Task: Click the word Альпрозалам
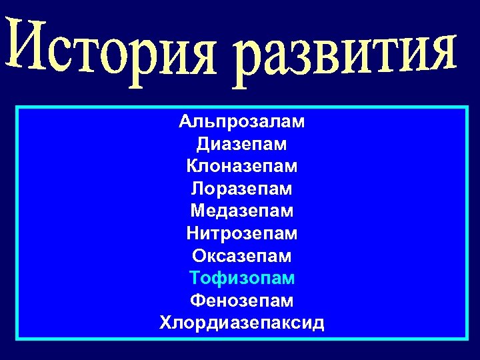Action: (241, 121)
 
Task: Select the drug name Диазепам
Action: (241, 143)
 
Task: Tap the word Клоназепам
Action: (241, 165)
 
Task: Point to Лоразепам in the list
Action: (241, 189)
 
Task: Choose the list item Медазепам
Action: (241, 211)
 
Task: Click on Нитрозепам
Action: (241, 233)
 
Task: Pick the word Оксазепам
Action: (241, 255)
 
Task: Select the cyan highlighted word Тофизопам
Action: (241, 278)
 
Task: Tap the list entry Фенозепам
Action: (241, 300)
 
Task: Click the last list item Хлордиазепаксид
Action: (241, 323)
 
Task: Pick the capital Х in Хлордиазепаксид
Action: (165, 323)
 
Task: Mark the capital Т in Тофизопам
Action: (195, 278)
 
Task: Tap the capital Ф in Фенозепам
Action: (197, 300)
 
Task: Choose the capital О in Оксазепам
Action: (199, 255)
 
